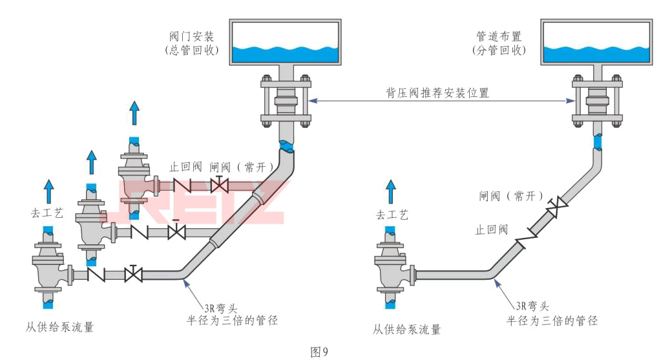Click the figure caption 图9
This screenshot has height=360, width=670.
[x=320, y=352]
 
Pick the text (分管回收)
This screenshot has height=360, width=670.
[x=499, y=50]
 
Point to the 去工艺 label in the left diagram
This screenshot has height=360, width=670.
[x=47, y=213]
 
